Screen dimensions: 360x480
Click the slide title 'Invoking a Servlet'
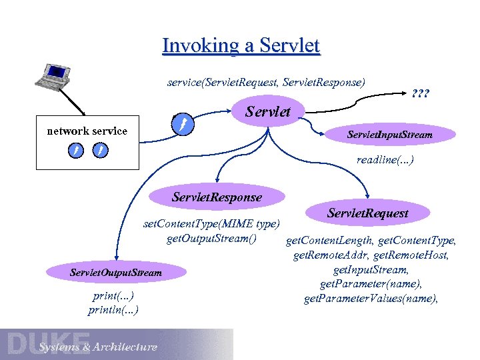[x=241, y=45]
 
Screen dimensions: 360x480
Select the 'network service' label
[x=87, y=131]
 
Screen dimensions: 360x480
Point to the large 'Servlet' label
[x=269, y=111]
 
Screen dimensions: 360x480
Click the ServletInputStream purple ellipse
[x=390, y=135]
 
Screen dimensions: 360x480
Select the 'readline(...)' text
[x=385, y=160]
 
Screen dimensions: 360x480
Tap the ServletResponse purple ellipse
[x=217, y=197]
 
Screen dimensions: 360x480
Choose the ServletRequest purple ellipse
[x=368, y=213]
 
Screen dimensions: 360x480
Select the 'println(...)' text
[x=113, y=310]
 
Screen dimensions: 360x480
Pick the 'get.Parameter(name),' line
[x=371, y=284]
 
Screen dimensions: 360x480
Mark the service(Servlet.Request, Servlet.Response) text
[x=266, y=83]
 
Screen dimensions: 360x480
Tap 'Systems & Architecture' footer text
[x=98, y=347]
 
